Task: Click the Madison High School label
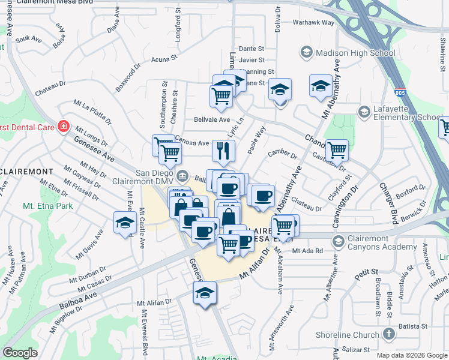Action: (355, 53)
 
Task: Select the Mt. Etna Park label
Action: (47, 206)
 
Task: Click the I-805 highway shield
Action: (399, 93)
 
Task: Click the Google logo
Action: (20, 352)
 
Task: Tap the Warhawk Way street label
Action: (313, 22)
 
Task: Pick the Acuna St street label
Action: (165, 59)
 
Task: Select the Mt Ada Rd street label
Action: (308, 250)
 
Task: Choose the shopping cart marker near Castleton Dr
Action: (337, 149)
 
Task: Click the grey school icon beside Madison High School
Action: (306, 53)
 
